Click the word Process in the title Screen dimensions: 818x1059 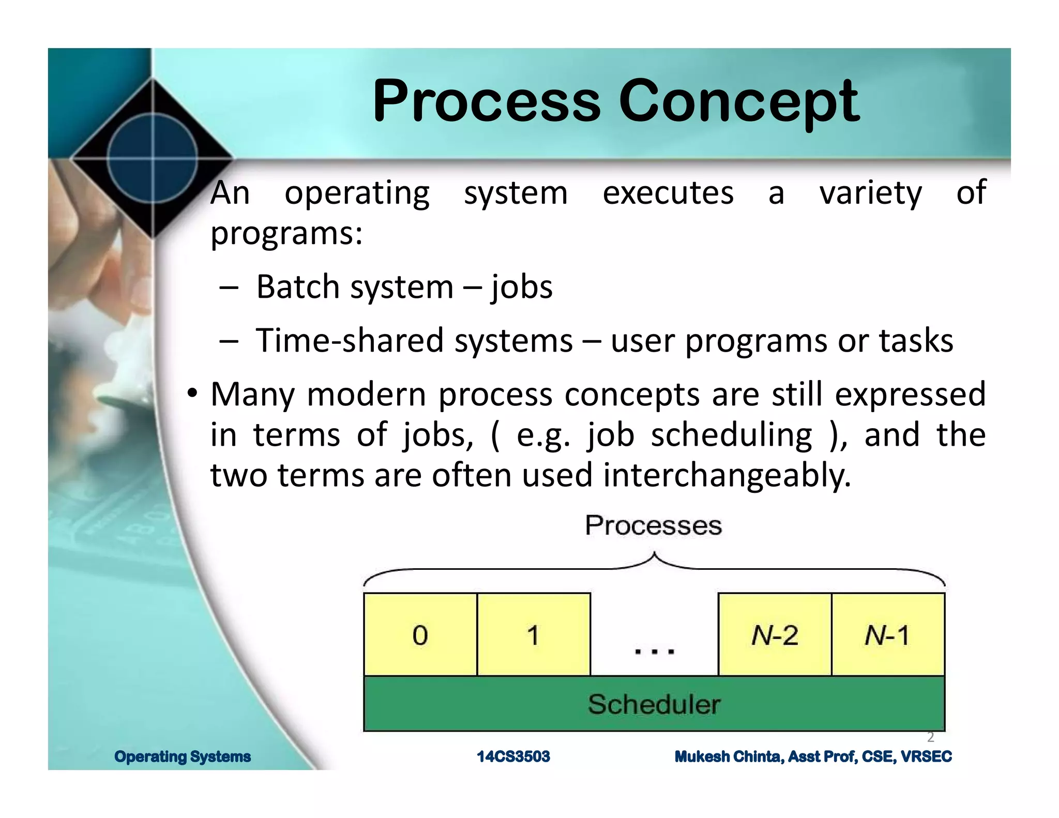(x=486, y=101)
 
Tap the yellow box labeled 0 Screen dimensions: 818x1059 (x=420, y=634)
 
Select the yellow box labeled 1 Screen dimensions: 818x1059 (x=534, y=634)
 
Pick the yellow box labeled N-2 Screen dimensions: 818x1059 (x=775, y=634)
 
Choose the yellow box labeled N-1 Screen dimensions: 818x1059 (x=888, y=634)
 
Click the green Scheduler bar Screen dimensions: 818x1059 (x=654, y=704)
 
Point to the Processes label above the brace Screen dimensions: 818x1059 (x=653, y=525)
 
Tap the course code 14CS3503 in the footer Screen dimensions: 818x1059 (x=513, y=756)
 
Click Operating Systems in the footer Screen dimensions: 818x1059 (x=183, y=756)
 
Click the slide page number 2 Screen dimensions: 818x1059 (x=930, y=737)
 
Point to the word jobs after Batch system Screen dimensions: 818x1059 (x=521, y=287)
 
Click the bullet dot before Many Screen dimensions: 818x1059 (x=192, y=393)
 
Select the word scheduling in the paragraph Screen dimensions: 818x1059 (x=731, y=435)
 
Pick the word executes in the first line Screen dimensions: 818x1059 (x=668, y=193)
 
